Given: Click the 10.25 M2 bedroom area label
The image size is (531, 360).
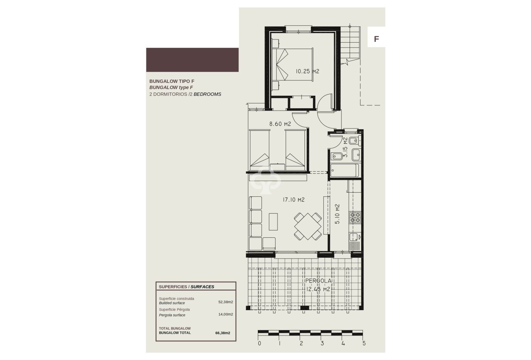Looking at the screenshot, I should (x=307, y=71).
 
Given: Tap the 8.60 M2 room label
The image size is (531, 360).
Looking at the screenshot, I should (x=280, y=124).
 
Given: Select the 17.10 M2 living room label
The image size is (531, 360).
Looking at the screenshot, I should (x=293, y=200).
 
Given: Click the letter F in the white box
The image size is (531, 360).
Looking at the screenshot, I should (x=377, y=39).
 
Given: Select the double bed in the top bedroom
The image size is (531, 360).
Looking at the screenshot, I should (x=293, y=65).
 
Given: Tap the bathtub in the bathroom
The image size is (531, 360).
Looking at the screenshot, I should (x=344, y=170).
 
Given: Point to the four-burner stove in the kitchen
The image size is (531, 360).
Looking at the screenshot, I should (x=355, y=217).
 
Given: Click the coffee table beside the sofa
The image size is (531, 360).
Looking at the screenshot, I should (x=274, y=222).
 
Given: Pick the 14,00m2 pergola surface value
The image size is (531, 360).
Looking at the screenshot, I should (x=226, y=315).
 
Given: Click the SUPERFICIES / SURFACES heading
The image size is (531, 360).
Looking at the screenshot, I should (x=187, y=287).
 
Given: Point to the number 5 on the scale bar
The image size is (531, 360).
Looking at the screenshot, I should (x=364, y=344).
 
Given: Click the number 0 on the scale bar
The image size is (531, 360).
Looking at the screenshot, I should (x=259, y=344).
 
